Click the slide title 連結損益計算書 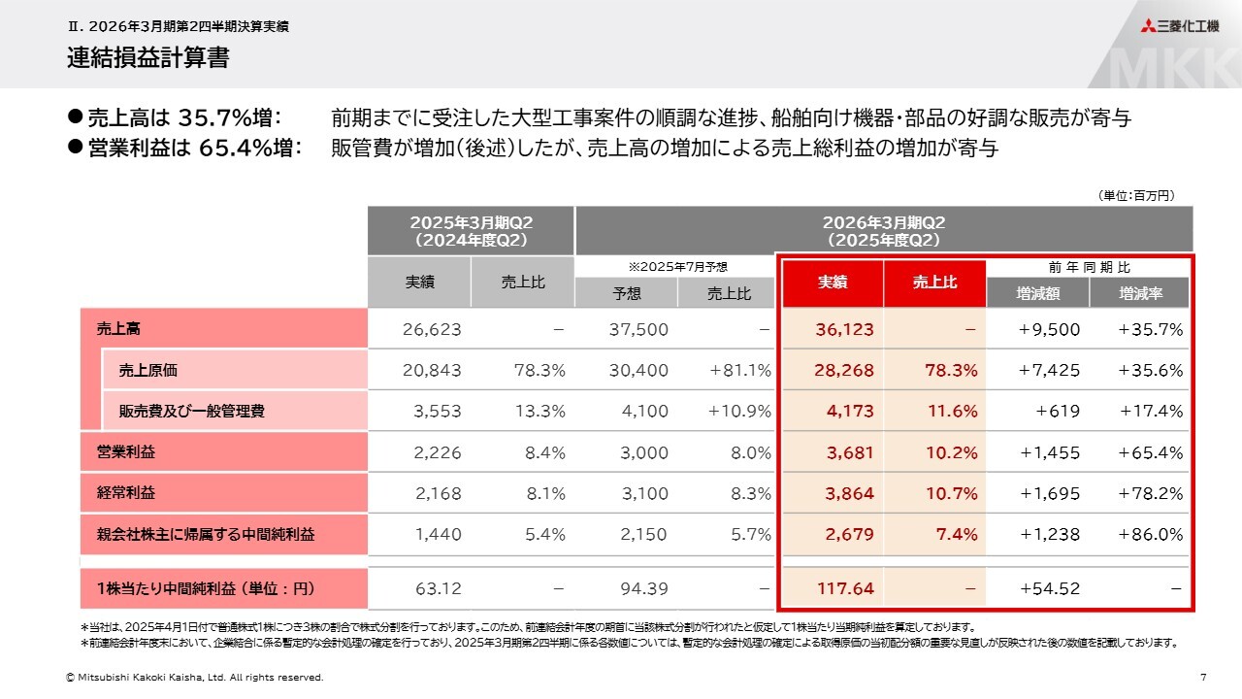coord(148,58)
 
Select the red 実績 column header coord(832,283)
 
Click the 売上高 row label coord(119,329)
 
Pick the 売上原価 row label coord(148,370)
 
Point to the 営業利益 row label coord(126,452)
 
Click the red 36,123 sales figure coord(844,329)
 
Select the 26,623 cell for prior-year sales coord(432,329)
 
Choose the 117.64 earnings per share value coord(843,588)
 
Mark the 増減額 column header coord(1037,292)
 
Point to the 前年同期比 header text coord(1088,267)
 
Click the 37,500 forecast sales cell coord(638,329)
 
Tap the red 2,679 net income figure coord(849,534)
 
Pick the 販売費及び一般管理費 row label coord(192,411)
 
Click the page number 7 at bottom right coord(1203,677)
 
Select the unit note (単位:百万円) coord(1136,195)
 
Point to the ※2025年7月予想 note coord(677,267)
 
